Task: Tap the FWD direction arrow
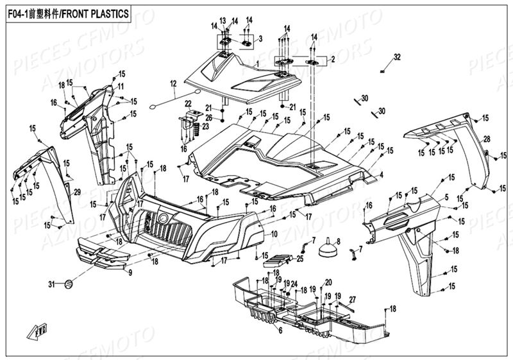[37, 331]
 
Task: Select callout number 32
[397, 57]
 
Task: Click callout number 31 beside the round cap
[52, 284]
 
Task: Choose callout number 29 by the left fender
[77, 193]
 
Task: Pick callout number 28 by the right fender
[487, 139]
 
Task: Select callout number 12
[172, 83]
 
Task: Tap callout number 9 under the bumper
[130, 273]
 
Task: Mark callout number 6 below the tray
[280, 330]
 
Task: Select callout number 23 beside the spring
[205, 127]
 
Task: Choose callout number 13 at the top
[224, 21]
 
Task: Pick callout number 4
[381, 174]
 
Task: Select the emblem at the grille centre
[162, 219]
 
